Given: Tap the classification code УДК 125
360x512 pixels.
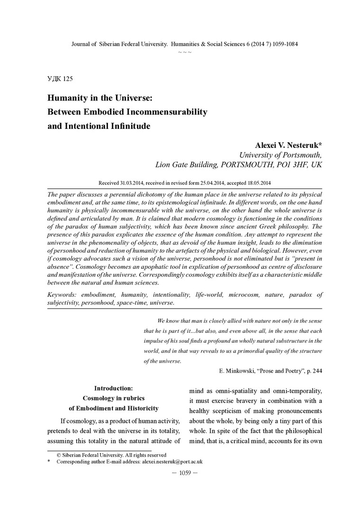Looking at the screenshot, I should [60, 78].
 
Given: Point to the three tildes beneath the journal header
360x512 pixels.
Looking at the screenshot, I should [184, 51].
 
